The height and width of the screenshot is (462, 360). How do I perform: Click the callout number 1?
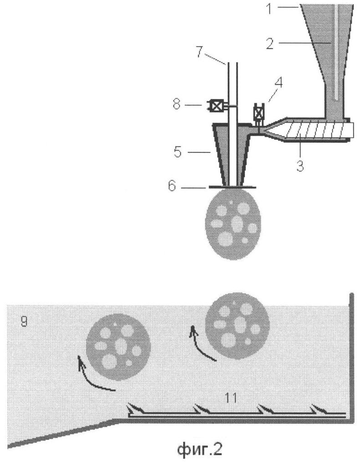[x=269, y=9]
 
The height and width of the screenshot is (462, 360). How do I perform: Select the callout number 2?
[x=270, y=44]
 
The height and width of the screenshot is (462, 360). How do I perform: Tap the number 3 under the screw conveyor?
[x=300, y=166]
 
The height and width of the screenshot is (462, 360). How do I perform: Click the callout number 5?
[x=178, y=152]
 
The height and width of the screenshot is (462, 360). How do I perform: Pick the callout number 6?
[x=172, y=186]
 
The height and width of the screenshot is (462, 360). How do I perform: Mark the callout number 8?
[x=177, y=104]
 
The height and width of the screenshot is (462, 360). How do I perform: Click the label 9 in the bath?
[x=24, y=321]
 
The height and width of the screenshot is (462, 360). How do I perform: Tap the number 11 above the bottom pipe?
[x=231, y=398]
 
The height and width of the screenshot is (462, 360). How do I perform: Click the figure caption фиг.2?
[x=200, y=449]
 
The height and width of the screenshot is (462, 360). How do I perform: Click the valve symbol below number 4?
[x=259, y=113]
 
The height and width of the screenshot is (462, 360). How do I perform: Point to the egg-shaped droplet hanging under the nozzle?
[x=233, y=224]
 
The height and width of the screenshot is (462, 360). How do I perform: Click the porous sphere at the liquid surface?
[x=238, y=326]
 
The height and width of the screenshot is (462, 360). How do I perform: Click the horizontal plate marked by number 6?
[x=232, y=187]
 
